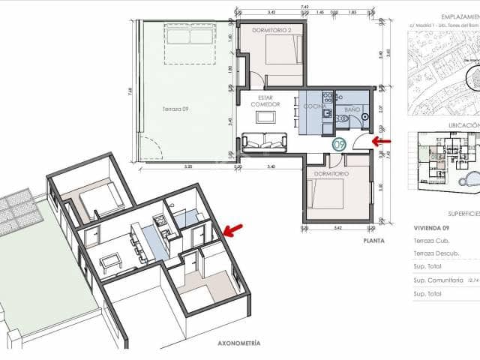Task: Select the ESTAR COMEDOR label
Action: (x=264, y=100)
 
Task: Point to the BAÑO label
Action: (x=352, y=110)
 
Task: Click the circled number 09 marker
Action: (x=338, y=143)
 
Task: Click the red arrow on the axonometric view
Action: (x=233, y=229)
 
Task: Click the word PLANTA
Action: (x=373, y=241)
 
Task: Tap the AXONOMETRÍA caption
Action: (x=238, y=343)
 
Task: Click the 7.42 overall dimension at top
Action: (x=304, y=7)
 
